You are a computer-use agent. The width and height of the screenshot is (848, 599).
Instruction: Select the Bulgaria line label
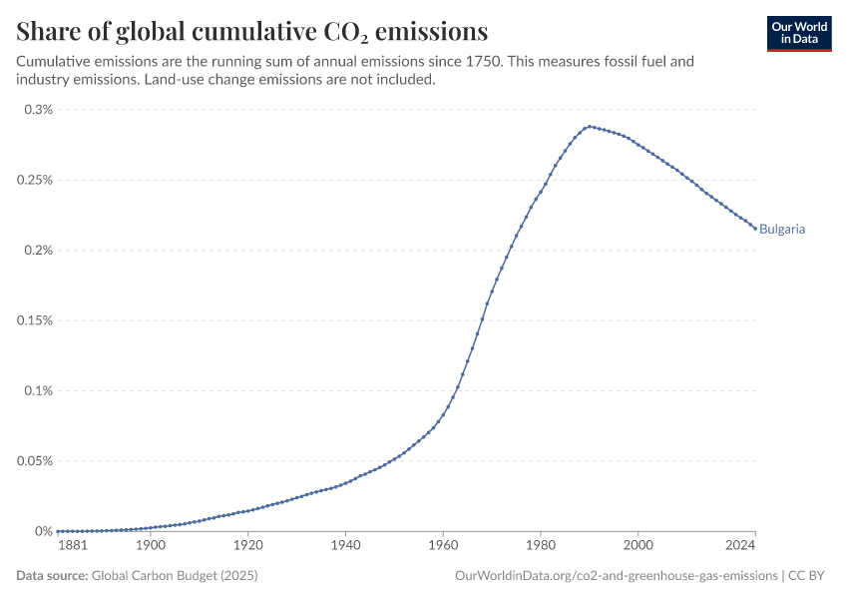click(782, 229)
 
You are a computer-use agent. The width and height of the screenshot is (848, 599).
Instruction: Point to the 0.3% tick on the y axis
click(39, 109)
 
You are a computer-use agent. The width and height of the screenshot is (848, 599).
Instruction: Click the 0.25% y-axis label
click(35, 180)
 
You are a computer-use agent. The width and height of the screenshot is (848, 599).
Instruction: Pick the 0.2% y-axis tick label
click(39, 250)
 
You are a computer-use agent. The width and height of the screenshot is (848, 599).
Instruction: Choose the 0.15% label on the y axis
click(35, 320)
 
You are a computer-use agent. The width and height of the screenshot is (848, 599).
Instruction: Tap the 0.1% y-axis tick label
click(39, 390)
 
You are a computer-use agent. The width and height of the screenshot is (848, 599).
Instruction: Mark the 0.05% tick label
click(35, 461)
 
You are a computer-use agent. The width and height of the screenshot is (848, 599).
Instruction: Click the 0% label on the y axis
click(43, 531)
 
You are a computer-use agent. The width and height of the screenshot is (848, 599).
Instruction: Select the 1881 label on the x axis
click(73, 546)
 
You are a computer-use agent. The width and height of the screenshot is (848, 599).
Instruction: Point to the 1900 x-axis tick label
click(151, 546)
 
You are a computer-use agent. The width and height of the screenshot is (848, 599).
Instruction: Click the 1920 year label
click(247, 546)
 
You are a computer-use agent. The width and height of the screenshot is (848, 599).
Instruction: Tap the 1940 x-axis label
click(345, 546)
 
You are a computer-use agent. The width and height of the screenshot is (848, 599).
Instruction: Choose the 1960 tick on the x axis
click(443, 546)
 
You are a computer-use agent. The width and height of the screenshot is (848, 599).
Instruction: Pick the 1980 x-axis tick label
click(541, 546)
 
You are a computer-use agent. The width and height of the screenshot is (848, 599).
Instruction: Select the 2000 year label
click(637, 546)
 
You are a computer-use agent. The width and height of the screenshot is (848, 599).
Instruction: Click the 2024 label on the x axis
click(740, 546)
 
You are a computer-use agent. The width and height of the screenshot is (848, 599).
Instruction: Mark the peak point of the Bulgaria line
click(590, 126)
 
